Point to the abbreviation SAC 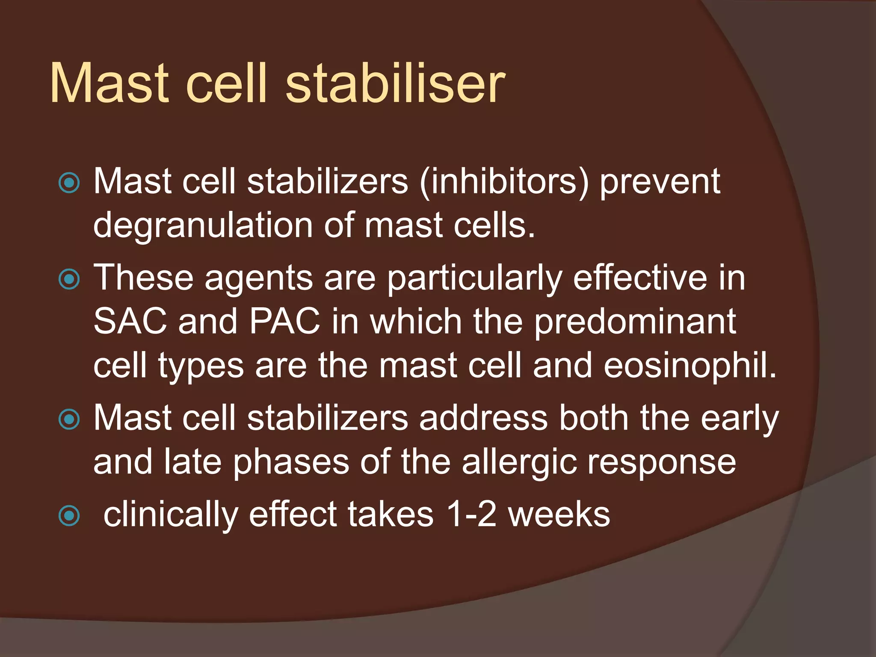pyautogui.click(x=130, y=322)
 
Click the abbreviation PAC pyautogui.click(x=285, y=322)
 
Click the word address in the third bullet pyautogui.click(x=483, y=418)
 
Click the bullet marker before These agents pyautogui.click(x=69, y=280)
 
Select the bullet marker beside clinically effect pyautogui.click(x=69, y=515)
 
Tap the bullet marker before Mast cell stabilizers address pyautogui.click(x=69, y=419)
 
